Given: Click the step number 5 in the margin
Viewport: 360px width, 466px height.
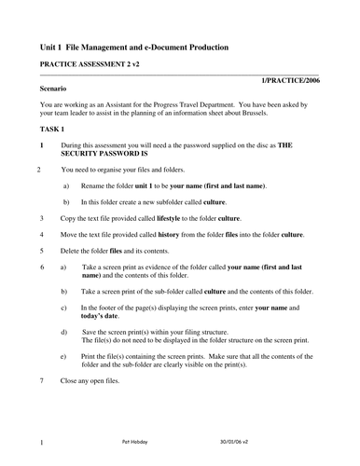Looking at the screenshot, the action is pos(42,250).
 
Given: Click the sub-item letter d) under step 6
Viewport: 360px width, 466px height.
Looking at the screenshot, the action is pos(63,331).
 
